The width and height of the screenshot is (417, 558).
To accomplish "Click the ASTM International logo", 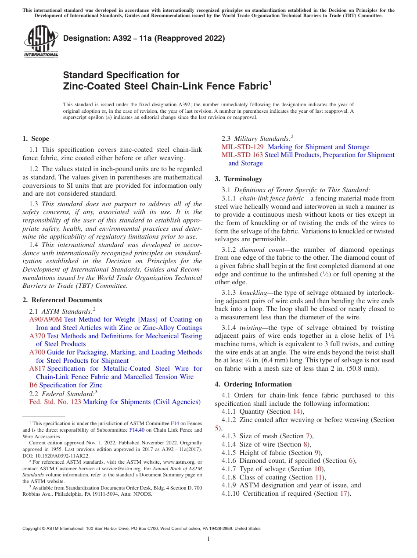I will pos(41,42).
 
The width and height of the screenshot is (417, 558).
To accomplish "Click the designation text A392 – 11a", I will pos(144,38).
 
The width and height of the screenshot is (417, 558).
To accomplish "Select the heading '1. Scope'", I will pos(36,139).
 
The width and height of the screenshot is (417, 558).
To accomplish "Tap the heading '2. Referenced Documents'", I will pos(62,300).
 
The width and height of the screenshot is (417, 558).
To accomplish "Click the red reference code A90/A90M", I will pos(46,319).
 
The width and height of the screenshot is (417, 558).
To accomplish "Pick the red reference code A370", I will pos(37,336).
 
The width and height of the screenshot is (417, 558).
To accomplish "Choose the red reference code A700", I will pos(37,352).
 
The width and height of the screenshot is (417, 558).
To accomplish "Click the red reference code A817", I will pos(37,369).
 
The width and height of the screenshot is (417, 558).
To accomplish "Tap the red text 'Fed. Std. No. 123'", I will pos(55,402).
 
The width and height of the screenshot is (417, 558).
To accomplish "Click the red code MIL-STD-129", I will pos(243,147).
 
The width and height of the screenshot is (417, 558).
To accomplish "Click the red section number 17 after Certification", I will pos(345,494).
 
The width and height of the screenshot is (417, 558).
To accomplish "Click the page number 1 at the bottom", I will pos(208,539).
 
